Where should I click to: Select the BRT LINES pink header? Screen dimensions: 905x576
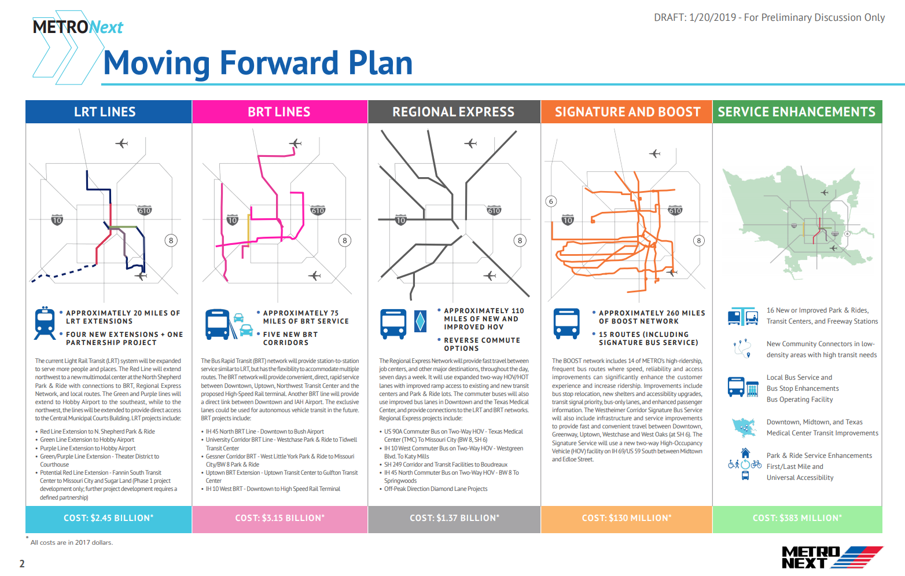(279, 112)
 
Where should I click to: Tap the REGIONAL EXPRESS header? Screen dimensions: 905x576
(454, 112)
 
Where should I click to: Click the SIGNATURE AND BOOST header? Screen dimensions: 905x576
(627, 112)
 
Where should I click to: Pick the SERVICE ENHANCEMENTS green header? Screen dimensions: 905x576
(797, 112)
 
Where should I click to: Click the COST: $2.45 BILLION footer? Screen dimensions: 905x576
(108, 519)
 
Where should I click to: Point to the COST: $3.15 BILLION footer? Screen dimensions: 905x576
(279, 519)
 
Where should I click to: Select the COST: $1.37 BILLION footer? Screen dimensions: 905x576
(454, 519)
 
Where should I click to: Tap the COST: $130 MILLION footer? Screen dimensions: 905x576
(627, 519)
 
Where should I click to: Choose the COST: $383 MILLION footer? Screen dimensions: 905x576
(797, 519)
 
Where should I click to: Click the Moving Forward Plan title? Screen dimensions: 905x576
(257, 63)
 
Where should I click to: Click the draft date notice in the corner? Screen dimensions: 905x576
(769, 17)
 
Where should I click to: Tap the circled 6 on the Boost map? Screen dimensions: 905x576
(551, 201)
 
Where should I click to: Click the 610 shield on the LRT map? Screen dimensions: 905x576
(145, 210)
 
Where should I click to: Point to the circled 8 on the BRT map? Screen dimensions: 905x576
(345, 240)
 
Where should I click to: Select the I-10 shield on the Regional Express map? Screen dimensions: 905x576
(400, 220)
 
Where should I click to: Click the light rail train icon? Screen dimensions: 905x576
(45, 323)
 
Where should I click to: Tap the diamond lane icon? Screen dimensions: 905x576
(420, 321)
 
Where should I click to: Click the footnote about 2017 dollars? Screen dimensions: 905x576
(72, 542)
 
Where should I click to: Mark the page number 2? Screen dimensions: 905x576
(22, 563)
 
